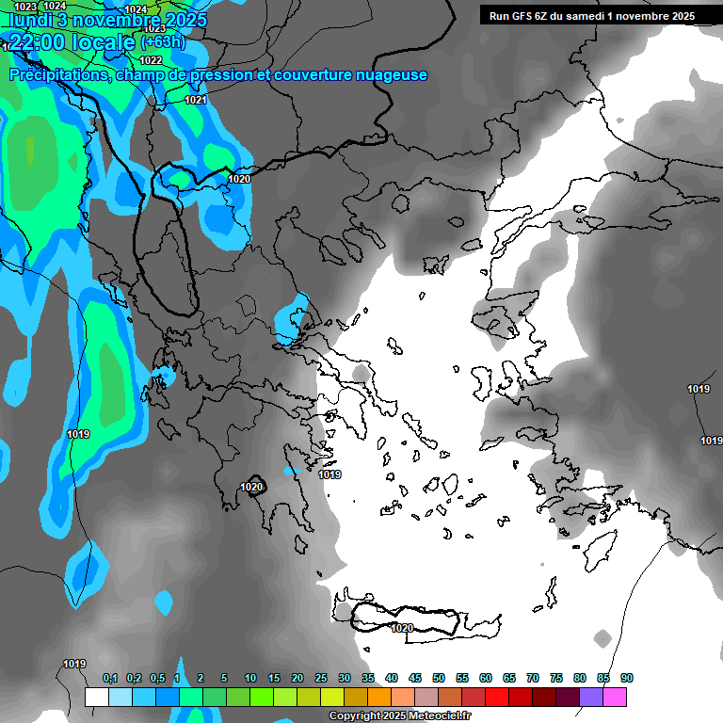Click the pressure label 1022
coord(151,60)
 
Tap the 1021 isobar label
coord(196,100)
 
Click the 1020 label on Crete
coord(402,628)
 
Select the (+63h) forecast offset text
coord(163,42)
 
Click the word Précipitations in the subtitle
coord(57,74)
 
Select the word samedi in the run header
coord(584,16)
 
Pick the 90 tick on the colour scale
coord(627,678)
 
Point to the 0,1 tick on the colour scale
coord(110,678)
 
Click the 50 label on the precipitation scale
coord(439,678)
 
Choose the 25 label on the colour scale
coord(321,678)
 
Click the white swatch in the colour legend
coord(96,697)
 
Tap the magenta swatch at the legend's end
coord(615,697)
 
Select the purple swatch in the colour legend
coord(591,697)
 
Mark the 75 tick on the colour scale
coord(556,678)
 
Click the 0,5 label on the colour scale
coord(157,678)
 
